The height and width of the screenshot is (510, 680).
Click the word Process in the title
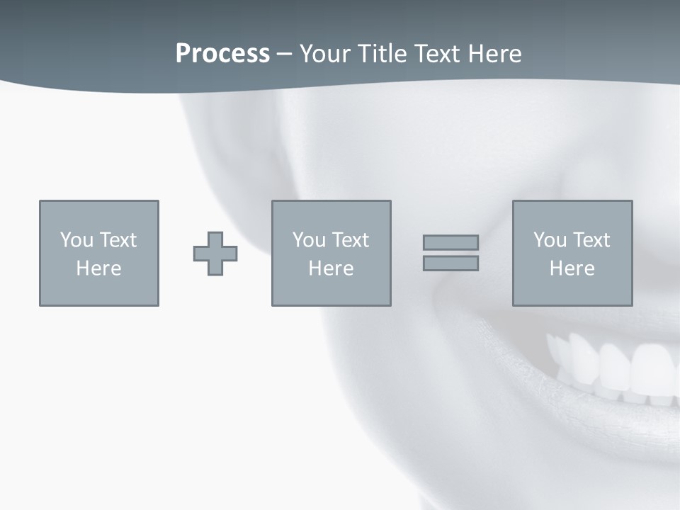coord(222,54)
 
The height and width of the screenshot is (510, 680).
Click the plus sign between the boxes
coord(215,254)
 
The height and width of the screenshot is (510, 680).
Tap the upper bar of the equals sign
coord(450,242)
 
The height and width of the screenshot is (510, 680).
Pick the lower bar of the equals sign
coord(450,263)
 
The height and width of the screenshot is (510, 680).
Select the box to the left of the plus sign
coord(99,254)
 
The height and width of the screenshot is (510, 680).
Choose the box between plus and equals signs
coord(331,254)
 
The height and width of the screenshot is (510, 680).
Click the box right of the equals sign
coord(572,254)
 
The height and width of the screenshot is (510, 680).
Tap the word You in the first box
coord(76,240)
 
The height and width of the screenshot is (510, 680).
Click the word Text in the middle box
coord(351,240)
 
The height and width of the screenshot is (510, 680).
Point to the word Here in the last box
coord(572,268)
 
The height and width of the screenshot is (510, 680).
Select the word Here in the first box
coord(99,268)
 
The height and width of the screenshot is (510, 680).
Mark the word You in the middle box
coord(309,240)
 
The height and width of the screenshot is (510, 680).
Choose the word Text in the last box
coord(591,240)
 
